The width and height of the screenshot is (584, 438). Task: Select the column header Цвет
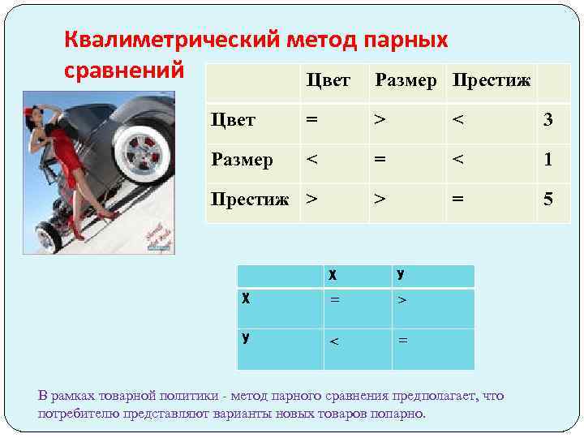[x=328, y=80]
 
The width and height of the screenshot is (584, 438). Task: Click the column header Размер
[x=406, y=80]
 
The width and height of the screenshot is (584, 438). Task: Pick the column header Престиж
[x=492, y=80]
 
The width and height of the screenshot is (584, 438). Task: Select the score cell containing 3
[x=548, y=120]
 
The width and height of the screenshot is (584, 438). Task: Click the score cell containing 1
[x=548, y=159]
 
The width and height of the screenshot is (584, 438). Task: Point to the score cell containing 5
[x=548, y=199]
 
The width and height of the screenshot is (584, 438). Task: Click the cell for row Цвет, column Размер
[x=378, y=120]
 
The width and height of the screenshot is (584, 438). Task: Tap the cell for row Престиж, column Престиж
[x=457, y=199]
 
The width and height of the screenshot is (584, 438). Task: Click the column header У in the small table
[x=401, y=275]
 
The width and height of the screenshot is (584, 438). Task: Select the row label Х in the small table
[x=246, y=298]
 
